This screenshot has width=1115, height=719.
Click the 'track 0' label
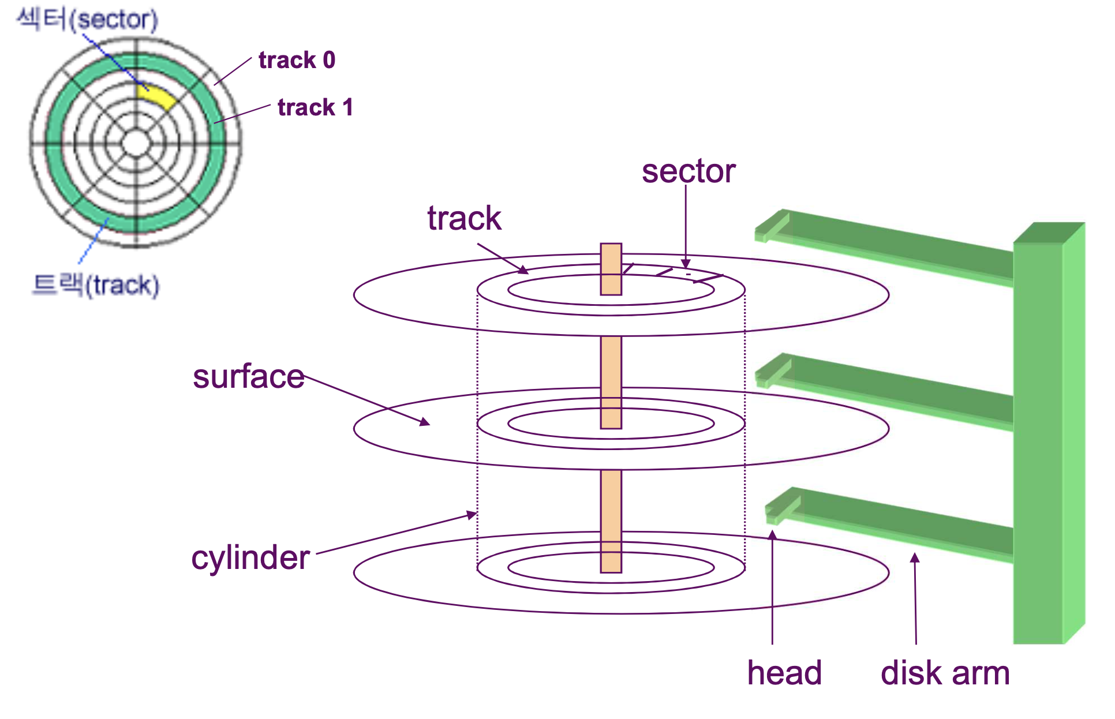(x=297, y=60)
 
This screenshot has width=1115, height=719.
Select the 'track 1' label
(x=315, y=107)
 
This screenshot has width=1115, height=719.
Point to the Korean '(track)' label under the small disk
(x=96, y=285)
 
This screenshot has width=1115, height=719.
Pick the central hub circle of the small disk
(x=137, y=143)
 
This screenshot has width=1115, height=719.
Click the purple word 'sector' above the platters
(x=689, y=171)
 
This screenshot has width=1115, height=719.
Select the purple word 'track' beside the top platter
(x=465, y=218)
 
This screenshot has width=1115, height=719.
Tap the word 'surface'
(x=249, y=377)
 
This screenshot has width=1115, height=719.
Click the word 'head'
(x=784, y=673)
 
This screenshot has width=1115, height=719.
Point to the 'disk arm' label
(x=945, y=673)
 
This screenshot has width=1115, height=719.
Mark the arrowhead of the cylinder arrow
(x=473, y=514)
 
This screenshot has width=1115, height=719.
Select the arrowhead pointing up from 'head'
(x=772, y=535)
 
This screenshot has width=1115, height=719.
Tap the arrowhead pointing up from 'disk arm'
(x=915, y=557)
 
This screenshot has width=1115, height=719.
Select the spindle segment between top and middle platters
(x=611, y=364)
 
